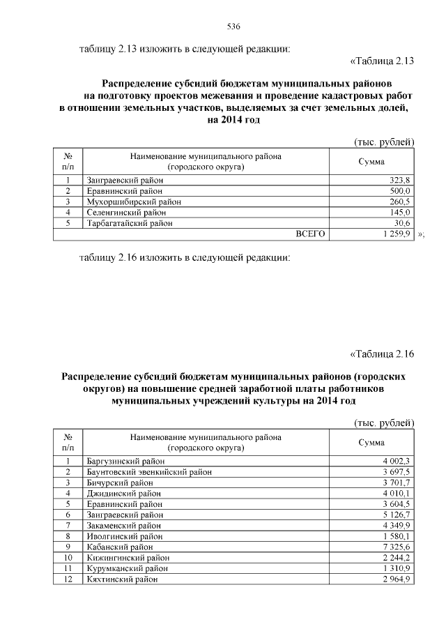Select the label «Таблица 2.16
[381, 353]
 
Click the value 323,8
[399, 180]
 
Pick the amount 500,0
[399, 190]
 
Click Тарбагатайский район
[130, 223]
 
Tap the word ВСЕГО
[311, 234]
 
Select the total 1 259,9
[395, 234]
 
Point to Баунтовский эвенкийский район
[149, 471]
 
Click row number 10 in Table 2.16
[68, 557]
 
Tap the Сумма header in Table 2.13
[371, 162]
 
